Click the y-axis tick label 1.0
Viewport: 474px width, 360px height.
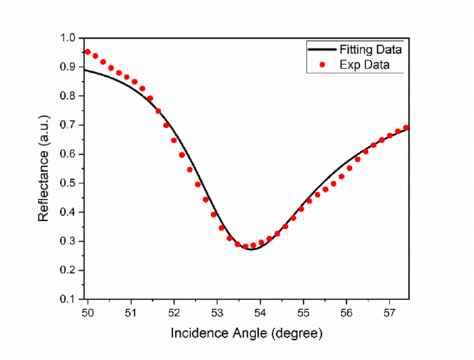[x=68, y=38]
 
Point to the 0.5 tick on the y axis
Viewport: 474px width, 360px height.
[x=68, y=183]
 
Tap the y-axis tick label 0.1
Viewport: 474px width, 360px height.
[x=68, y=299]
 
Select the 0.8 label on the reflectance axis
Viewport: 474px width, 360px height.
[x=68, y=96]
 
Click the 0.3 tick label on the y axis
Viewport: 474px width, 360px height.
[x=68, y=242]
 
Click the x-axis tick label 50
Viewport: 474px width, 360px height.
[x=88, y=312]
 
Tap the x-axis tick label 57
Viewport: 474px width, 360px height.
[x=389, y=312]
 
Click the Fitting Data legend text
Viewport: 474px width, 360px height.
[x=370, y=50]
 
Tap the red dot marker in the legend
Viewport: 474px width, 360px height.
[x=322, y=65]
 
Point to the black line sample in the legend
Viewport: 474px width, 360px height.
[x=322, y=50]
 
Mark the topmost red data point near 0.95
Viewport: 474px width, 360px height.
[x=88, y=52]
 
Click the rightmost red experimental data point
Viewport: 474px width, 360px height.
[x=406, y=128]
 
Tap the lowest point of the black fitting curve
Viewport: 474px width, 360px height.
[x=252, y=249]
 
